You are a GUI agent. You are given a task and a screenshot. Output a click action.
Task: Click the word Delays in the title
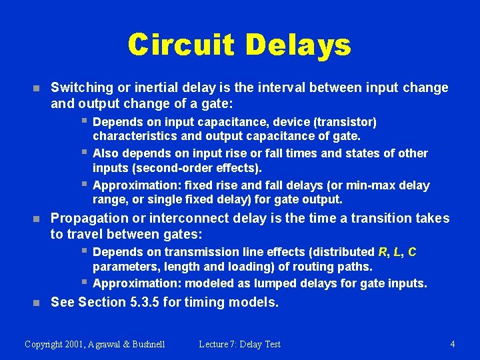(297, 45)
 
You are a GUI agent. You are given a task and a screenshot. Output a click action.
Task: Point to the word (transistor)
(344, 122)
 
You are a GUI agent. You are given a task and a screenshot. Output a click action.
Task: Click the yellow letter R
(382, 251)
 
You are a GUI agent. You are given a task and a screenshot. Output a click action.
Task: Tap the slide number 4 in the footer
(453, 344)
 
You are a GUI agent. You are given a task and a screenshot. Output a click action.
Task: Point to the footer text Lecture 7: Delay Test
(239, 344)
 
